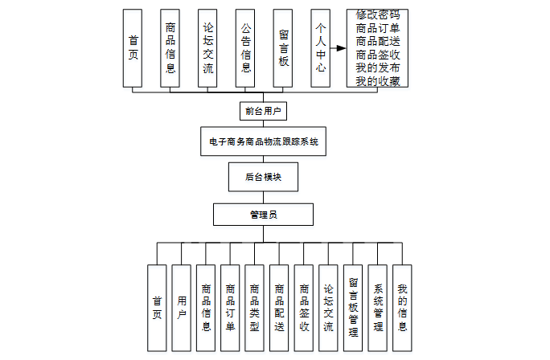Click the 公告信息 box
tap(245, 48)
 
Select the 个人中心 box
tap(321, 48)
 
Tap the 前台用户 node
tap(263, 111)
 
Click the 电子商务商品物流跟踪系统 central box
tap(263, 141)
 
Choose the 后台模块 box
tap(263, 176)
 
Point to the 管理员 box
tap(263, 215)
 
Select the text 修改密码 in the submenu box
tap(377, 14)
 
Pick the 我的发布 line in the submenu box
tap(377, 67)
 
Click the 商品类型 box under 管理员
tap(255, 308)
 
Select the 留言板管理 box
tap(353, 308)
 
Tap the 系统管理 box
tap(378, 308)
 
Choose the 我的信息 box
tap(402, 308)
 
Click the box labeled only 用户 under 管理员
tap(182, 308)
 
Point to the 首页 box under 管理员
tap(157, 308)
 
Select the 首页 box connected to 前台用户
tap(133, 48)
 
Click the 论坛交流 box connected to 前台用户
tap(207, 48)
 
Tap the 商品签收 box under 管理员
tap(304, 308)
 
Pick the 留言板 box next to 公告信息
tap(283, 48)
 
